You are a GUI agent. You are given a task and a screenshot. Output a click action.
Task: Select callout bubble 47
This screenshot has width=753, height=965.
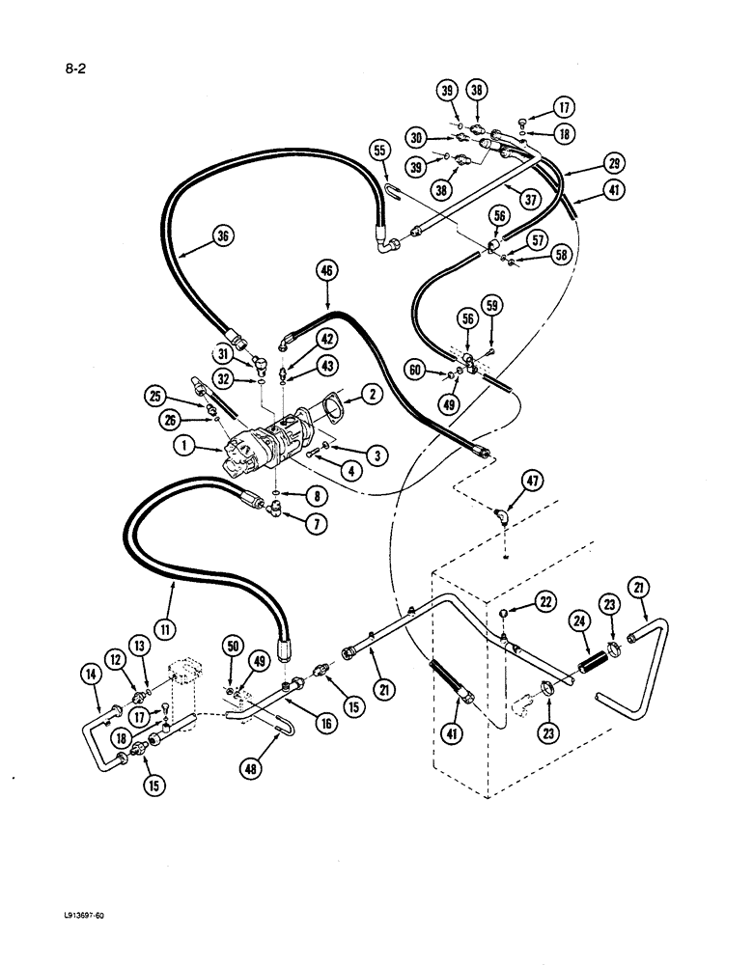531,479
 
